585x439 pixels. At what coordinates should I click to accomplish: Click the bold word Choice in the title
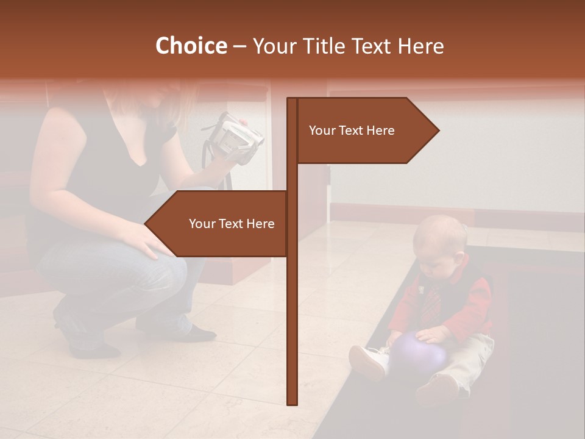191,46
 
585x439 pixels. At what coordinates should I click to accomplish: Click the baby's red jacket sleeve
475,305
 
